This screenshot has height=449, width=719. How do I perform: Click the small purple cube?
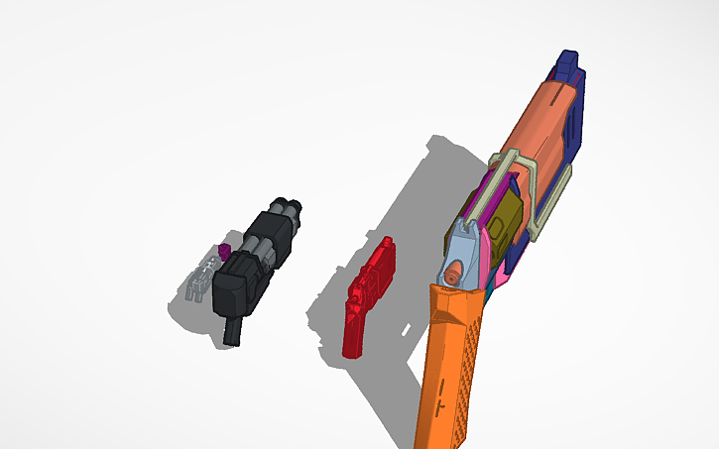click(225, 251)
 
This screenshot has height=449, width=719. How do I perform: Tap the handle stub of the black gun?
click(234, 330)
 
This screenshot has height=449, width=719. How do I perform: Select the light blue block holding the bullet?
click(463, 248)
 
